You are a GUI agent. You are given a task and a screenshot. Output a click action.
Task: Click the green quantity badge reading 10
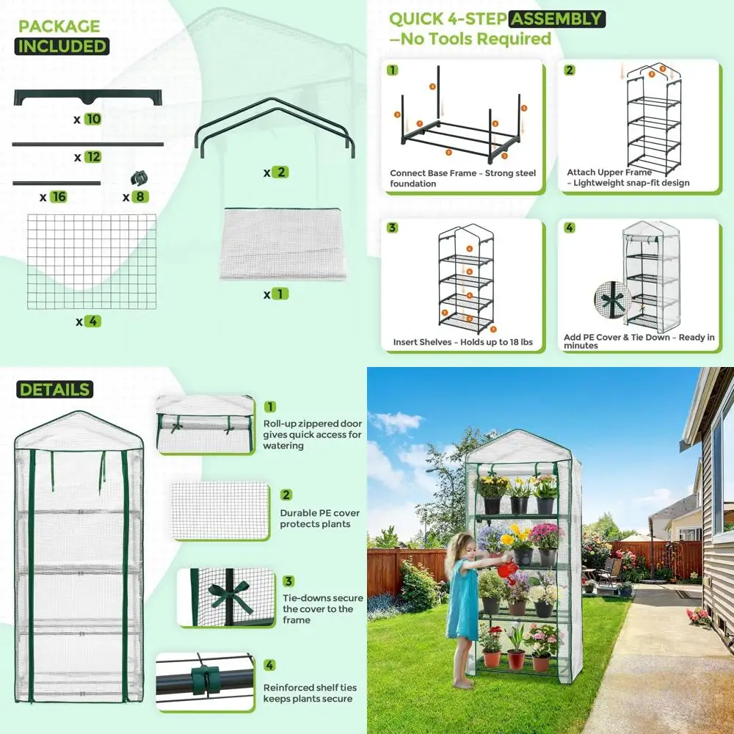tap(92, 119)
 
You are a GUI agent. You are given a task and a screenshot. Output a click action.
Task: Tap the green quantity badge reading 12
tap(92, 157)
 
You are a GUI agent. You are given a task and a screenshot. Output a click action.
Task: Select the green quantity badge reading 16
tap(59, 197)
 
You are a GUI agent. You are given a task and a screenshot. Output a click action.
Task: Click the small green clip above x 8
tap(137, 178)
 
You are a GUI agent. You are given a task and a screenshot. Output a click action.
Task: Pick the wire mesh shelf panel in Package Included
tap(92, 261)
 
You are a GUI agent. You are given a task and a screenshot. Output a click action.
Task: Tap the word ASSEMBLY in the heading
tap(558, 19)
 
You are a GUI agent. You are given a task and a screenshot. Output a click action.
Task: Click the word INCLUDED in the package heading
tap(62, 46)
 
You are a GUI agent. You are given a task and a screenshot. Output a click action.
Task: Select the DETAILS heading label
tap(55, 390)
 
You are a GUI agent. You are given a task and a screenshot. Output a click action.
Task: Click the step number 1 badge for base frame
tap(393, 70)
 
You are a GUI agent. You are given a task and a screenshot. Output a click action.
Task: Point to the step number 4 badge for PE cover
tap(570, 228)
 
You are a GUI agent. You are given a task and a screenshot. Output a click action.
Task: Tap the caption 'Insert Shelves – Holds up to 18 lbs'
tap(462, 342)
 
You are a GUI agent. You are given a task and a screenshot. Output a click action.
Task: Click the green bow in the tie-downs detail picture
tap(230, 595)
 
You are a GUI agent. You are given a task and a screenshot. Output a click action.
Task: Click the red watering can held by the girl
tap(506, 569)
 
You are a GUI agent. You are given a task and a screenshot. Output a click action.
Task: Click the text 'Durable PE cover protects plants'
tap(316, 519)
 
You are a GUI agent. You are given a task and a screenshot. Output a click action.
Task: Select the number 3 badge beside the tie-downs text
tap(269, 581)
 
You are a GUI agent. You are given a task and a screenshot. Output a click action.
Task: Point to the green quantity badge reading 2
tap(280, 172)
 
